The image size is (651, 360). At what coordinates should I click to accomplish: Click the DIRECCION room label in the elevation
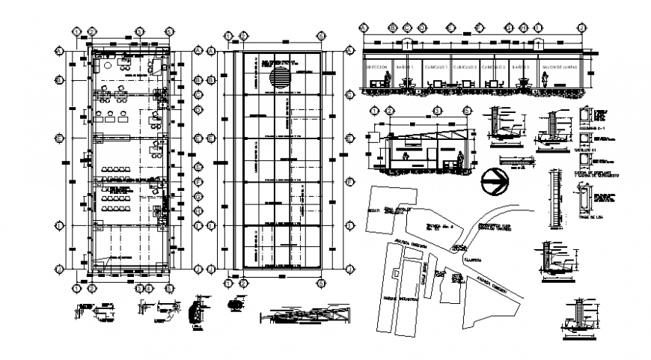[376, 67]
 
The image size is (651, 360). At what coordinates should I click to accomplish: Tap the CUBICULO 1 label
[436, 67]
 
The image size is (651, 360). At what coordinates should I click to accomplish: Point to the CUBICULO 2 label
[465, 67]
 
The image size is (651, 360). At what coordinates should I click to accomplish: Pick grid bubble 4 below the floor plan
[140, 287]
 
